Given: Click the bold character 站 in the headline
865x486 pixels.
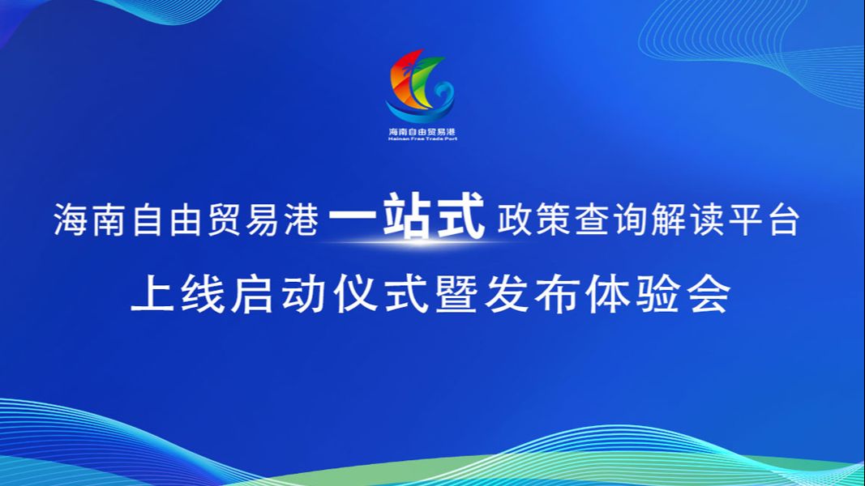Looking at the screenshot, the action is pyautogui.click(x=407, y=216).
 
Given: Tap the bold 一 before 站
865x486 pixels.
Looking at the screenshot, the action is pyautogui.click(x=353, y=219).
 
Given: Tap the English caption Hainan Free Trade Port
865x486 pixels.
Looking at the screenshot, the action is pyautogui.click(x=422, y=139).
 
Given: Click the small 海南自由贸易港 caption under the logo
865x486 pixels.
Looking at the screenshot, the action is pyautogui.click(x=422, y=132).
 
